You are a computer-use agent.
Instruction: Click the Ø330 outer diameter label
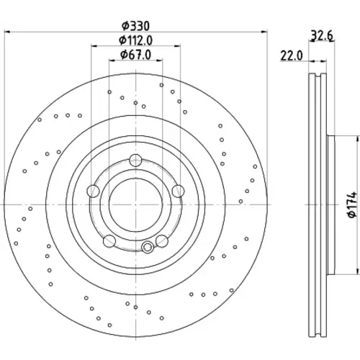click(135, 26)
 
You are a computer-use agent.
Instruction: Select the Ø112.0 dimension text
click(136, 40)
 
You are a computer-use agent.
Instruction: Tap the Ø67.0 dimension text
click(136, 55)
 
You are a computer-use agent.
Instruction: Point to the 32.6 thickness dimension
click(322, 36)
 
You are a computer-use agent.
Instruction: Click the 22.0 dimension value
click(292, 56)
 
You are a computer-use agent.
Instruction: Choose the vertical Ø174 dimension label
click(352, 204)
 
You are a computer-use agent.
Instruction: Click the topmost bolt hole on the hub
click(135, 161)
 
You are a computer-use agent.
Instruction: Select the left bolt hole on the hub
click(93, 192)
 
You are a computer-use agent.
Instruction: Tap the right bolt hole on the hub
click(178, 192)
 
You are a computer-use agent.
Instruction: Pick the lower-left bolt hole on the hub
click(109, 241)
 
